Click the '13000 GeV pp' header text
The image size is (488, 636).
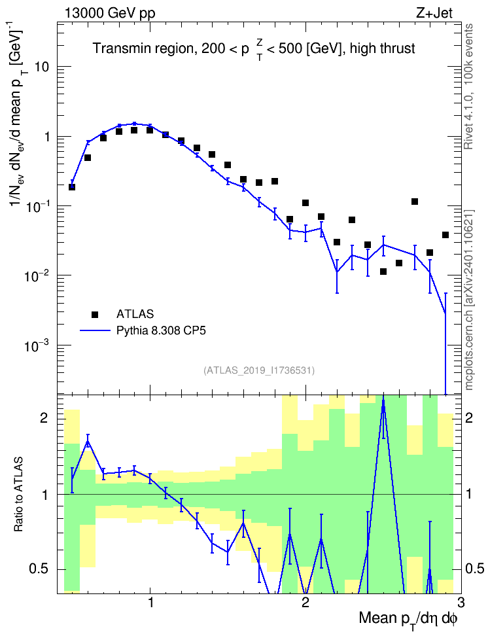pyautogui.click(x=109, y=13)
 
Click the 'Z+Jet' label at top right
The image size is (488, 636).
pyautogui.click(x=434, y=13)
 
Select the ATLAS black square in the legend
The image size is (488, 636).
pyautogui.click(x=95, y=314)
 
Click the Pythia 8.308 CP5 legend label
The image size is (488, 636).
pyautogui.click(x=161, y=330)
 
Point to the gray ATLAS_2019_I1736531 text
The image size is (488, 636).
pyautogui.click(x=259, y=370)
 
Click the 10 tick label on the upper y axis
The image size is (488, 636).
pyautogui.click(x=41, y=67)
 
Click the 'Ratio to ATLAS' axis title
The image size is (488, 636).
pyautogui.click(x=18, y=494)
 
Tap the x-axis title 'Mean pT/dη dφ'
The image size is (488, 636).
pyautogui.click(x=408, y=620)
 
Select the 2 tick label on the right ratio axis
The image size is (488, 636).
pyautogui.click(x=469, y=417)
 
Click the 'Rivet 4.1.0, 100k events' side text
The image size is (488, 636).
pyautogui.click(x=468, y=86)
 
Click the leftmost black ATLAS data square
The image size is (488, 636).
pyautogui.click(x=72, y=187)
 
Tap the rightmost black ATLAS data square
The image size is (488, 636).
pyautogui.click(x=445, y=235)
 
